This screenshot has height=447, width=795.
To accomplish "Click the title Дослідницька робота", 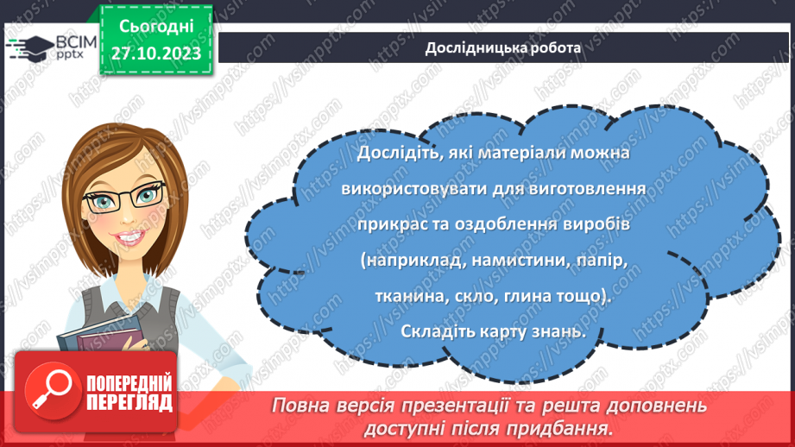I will tap(502, 47).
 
